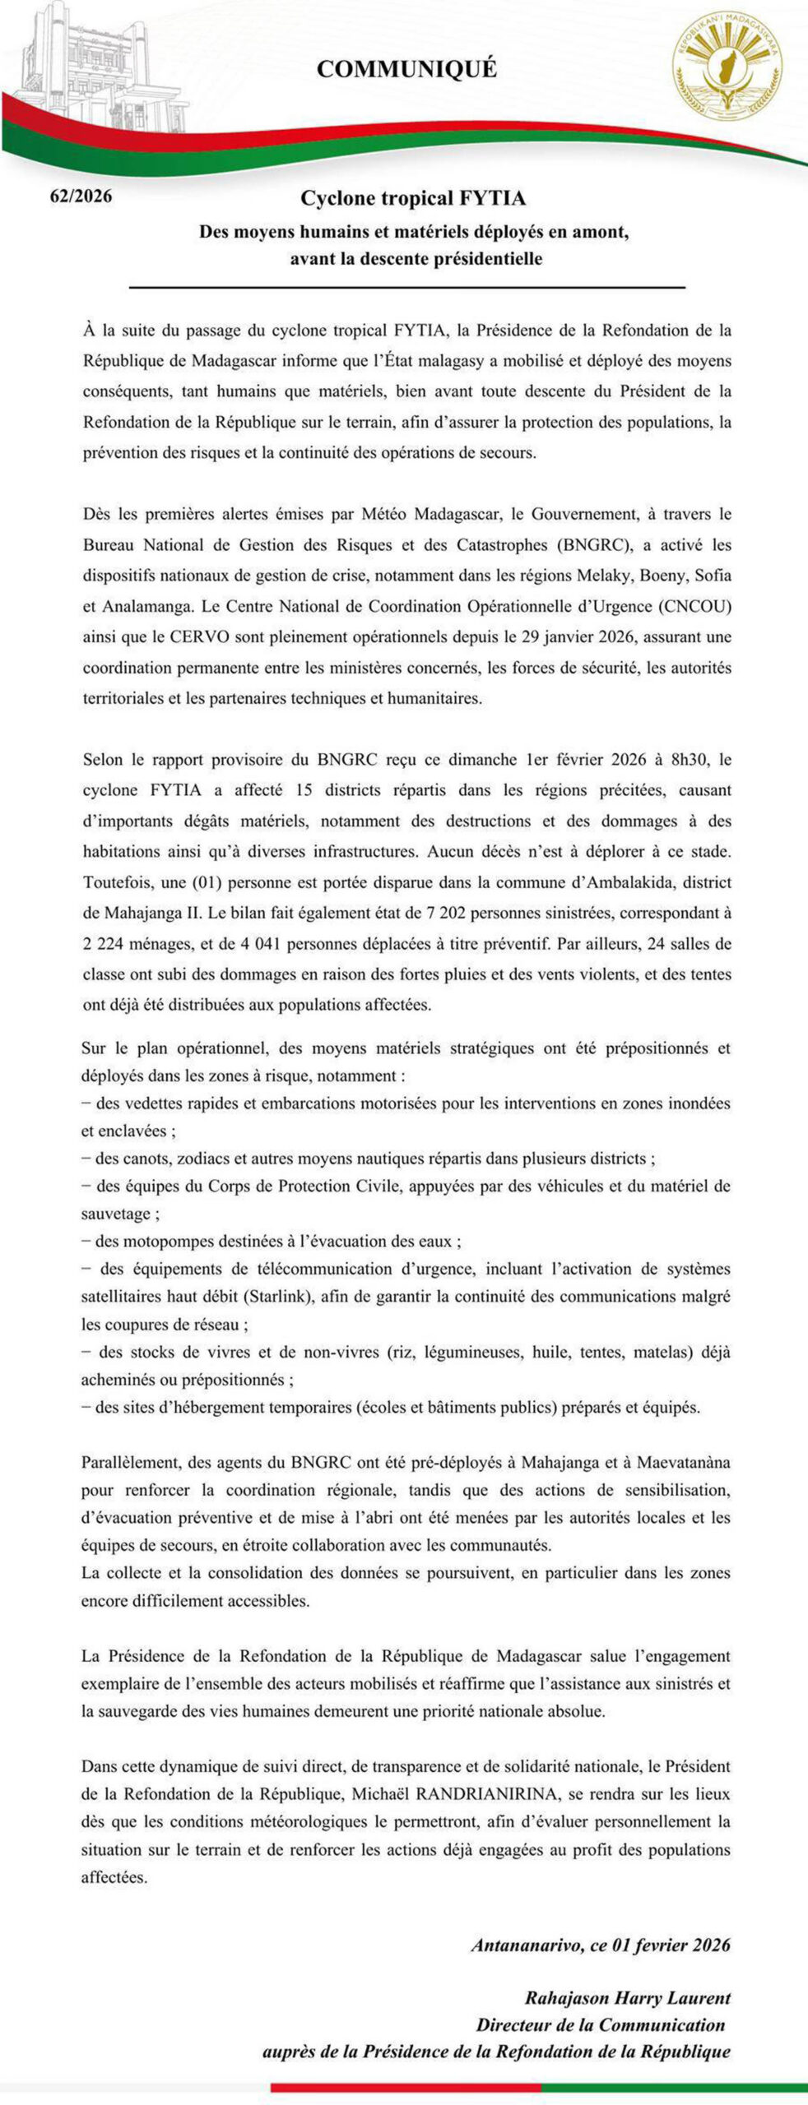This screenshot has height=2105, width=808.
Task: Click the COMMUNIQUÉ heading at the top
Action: [406, 70]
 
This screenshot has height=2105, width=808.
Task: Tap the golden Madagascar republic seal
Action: [728, 70]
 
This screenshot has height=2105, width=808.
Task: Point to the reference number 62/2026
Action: [81, 197]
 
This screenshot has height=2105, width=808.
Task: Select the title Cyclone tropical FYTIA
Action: [412, 198]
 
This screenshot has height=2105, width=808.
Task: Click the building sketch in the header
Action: [78, 66]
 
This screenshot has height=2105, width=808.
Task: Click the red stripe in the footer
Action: [405, 2088]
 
